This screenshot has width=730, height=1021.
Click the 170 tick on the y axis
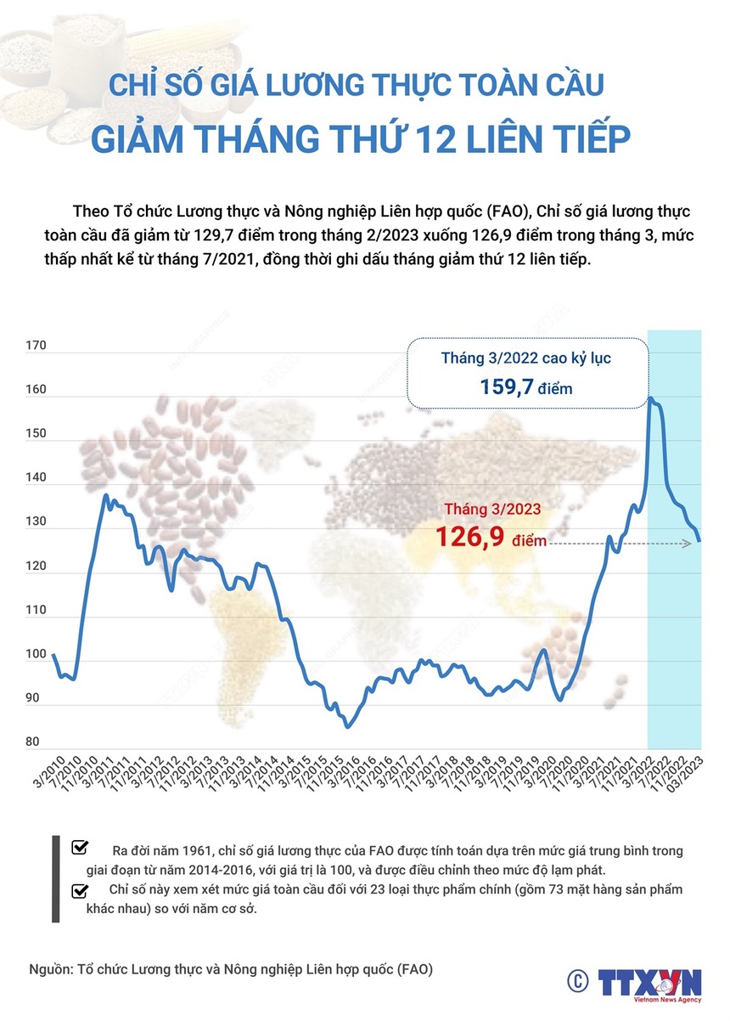[x=36, y=347]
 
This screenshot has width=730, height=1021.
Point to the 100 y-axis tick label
[x=36, y=655]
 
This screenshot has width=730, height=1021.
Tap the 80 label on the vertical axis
[x=34, y=742]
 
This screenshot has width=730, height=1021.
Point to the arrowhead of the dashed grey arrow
[x=700, y=542]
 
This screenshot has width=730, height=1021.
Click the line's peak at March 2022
[x=651, y=398]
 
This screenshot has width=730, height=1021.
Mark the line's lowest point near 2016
[x=347, y=727]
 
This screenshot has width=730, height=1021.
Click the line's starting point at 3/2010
[x=53, y=654]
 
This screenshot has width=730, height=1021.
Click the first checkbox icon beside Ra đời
[x=81, y=847]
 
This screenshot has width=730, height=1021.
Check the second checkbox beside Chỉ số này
[x=81, y=889]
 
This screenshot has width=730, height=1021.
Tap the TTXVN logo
[x=649, y=983]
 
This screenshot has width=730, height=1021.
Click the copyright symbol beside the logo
[x=578, y=981]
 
